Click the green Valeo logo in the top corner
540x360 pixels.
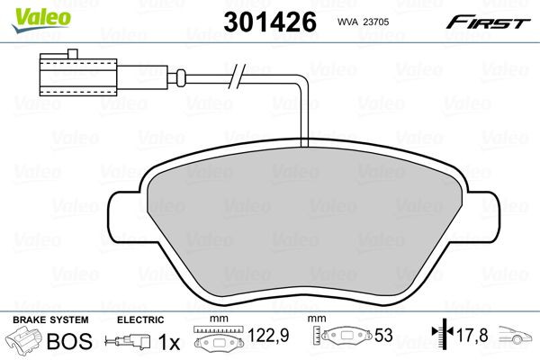click(28, 12)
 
